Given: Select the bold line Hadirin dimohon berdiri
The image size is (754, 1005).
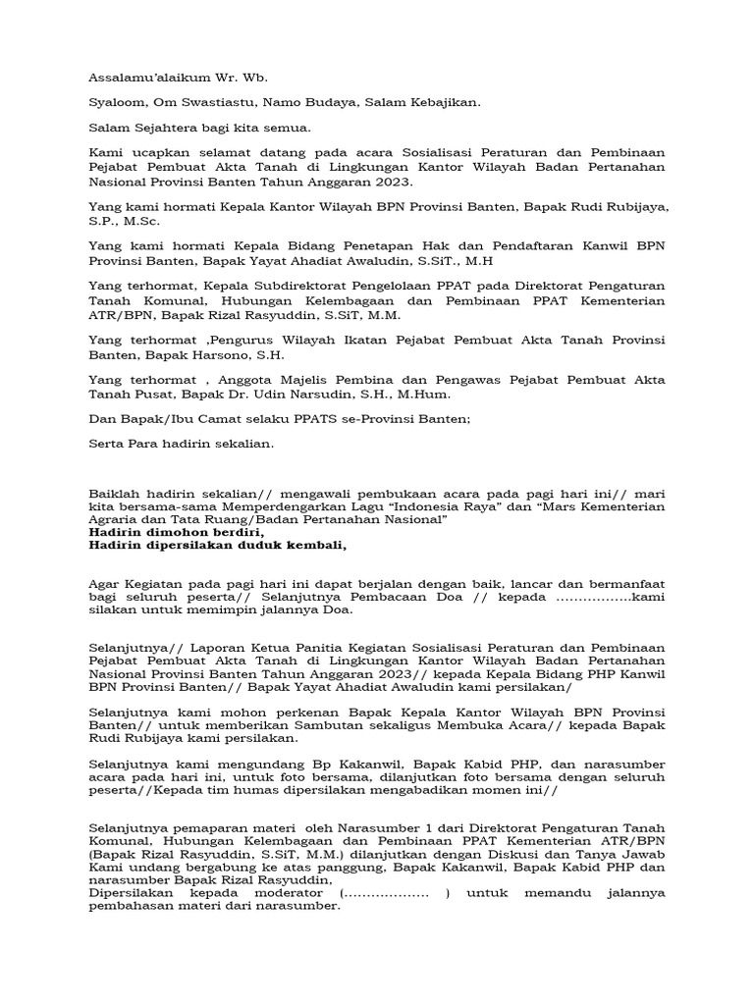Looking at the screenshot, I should coord(177,532).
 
